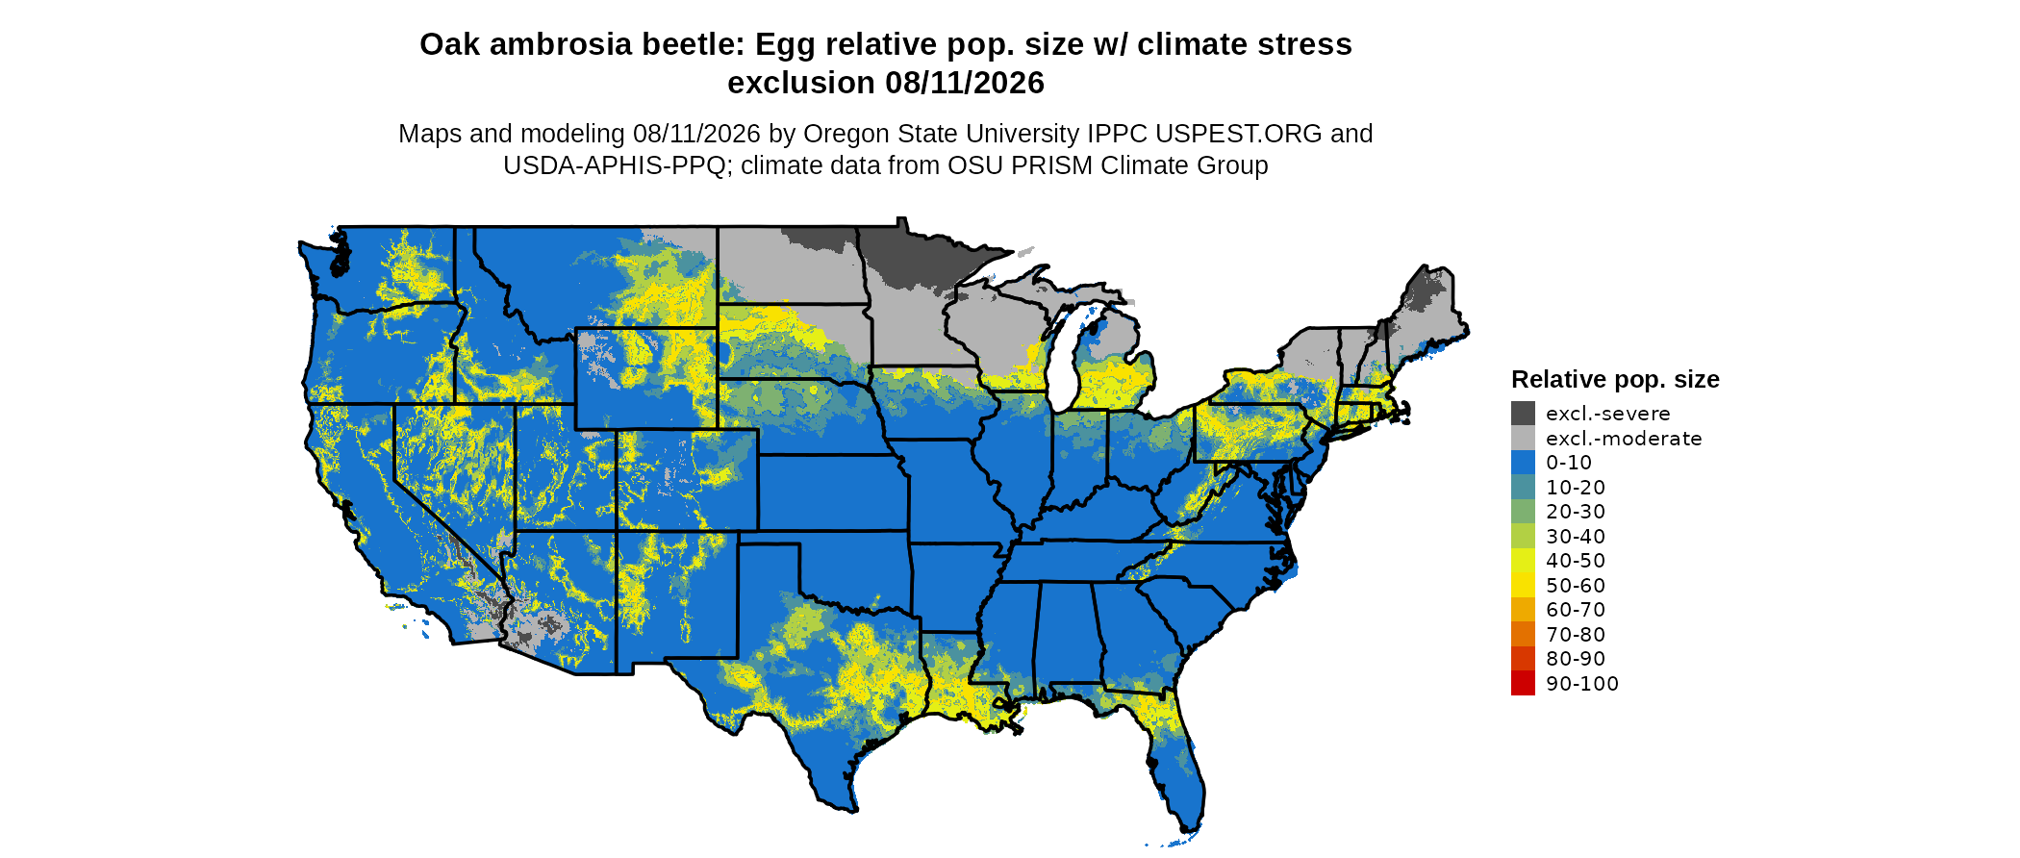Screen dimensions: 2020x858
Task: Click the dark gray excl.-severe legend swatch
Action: (x=1523, y=414)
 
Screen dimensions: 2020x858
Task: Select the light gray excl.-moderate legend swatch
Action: (x=1523, y=439)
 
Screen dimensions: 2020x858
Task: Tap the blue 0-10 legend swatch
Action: (x=1523, y=463)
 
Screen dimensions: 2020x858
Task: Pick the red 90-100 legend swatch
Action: (x=1523, y=683)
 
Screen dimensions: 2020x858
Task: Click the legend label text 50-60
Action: (x=1576, y=586)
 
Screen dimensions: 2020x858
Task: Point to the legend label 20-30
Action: (x=1576, y=512)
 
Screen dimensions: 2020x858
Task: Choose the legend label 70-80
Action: (x=1576, y=635)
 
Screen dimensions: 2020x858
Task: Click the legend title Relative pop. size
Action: (x=1615, y=380)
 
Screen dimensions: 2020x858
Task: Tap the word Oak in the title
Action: (x=449, y=44)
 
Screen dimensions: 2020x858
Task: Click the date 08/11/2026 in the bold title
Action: (x=965, y=83)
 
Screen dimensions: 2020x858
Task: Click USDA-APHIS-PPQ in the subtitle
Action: (x=615, y=165)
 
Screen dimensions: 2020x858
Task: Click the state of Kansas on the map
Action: (x=832, y=491)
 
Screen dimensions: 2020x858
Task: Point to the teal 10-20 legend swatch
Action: (x=1523, y=488)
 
